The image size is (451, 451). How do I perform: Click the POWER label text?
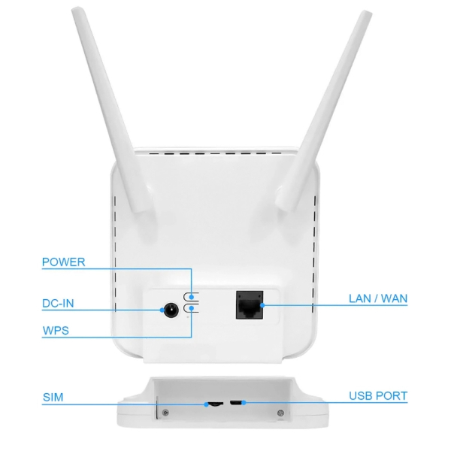[64, 262]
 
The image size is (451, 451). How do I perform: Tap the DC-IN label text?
[58, 304]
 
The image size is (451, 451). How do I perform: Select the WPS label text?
[56, 331]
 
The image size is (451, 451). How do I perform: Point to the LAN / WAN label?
[378, 298]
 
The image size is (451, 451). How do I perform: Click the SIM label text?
[53, 397]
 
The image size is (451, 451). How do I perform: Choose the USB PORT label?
[378, 396]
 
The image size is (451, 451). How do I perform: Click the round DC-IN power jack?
[171, 310]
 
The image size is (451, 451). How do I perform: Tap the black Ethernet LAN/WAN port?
[250, 305]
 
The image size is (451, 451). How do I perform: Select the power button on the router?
[191, 297]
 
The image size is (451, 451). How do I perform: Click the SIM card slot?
[215, 404]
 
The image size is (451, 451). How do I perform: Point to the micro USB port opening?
[236, 403]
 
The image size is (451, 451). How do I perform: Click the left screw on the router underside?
[165, 413]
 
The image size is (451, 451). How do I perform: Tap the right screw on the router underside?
[280, 413]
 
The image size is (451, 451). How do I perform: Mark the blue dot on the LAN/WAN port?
[262, 305]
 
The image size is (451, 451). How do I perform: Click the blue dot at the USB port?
[244, 403]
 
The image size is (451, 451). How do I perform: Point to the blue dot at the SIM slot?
[206, 404]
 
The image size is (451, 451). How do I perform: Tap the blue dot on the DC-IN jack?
[162, 310]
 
